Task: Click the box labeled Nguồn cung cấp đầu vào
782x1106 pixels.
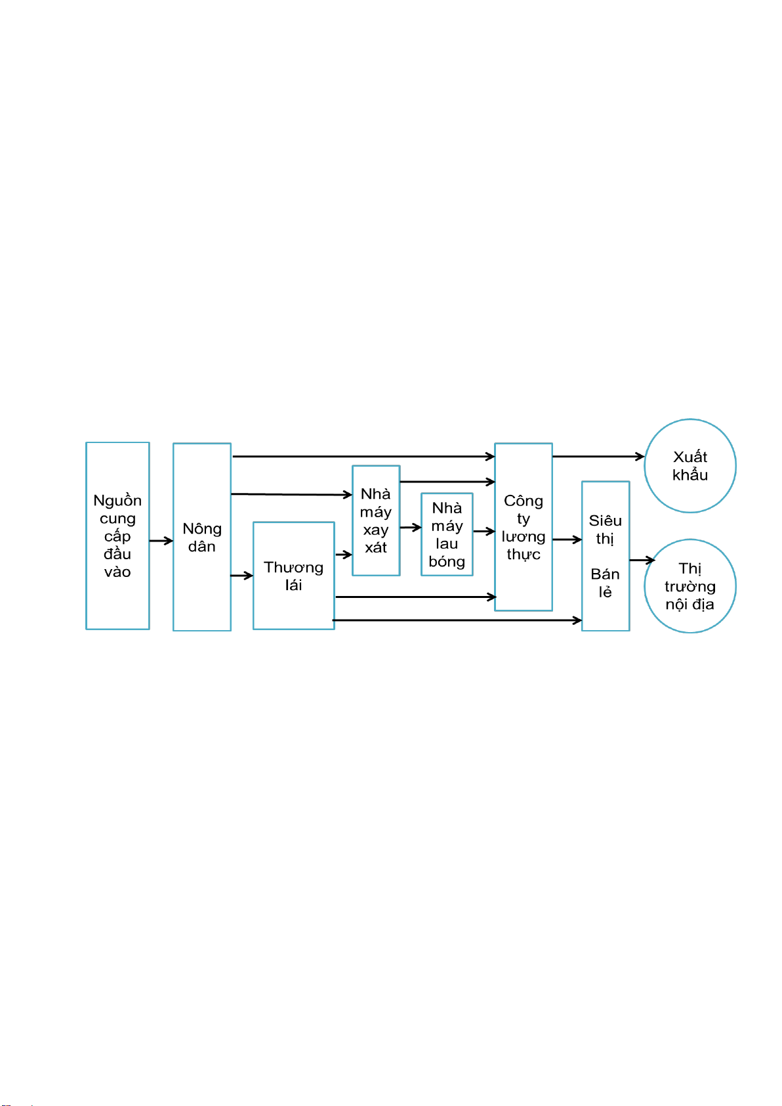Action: click(x=117, y=536)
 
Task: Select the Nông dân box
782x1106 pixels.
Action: click(x=202, y=537)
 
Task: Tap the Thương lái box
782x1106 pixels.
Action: click(x=293, y=576)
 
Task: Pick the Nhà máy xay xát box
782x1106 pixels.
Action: click(x=375, y=521)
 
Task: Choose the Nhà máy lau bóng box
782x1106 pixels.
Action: click(x=447, y=534)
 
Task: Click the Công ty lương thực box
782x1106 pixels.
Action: click(x=523, y=527)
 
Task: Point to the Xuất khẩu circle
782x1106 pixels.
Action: click(x=689, y=465)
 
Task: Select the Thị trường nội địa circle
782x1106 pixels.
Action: click(x=689, y=586)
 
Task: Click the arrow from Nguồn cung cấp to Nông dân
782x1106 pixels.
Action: click(x=161, y=541)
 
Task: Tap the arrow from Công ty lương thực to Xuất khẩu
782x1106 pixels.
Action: click(x=598, y=456)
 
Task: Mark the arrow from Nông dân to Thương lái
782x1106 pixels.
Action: click(x=242, y=575)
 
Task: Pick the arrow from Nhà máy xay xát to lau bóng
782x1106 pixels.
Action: click(x=411, y=527)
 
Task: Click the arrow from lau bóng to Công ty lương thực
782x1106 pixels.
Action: click(x=484, y=531)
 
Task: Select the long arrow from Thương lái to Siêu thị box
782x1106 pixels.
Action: click(x=457, y=620)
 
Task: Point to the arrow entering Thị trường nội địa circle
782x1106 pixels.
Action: click(x=642, y=560)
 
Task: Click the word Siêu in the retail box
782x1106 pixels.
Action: click(x=605, y=521)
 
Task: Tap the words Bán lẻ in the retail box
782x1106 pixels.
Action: click(x=605, y=583)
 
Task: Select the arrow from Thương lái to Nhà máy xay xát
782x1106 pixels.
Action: click(x=343, y=555)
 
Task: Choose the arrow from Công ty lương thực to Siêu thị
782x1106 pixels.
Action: click(x=567, y=540)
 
